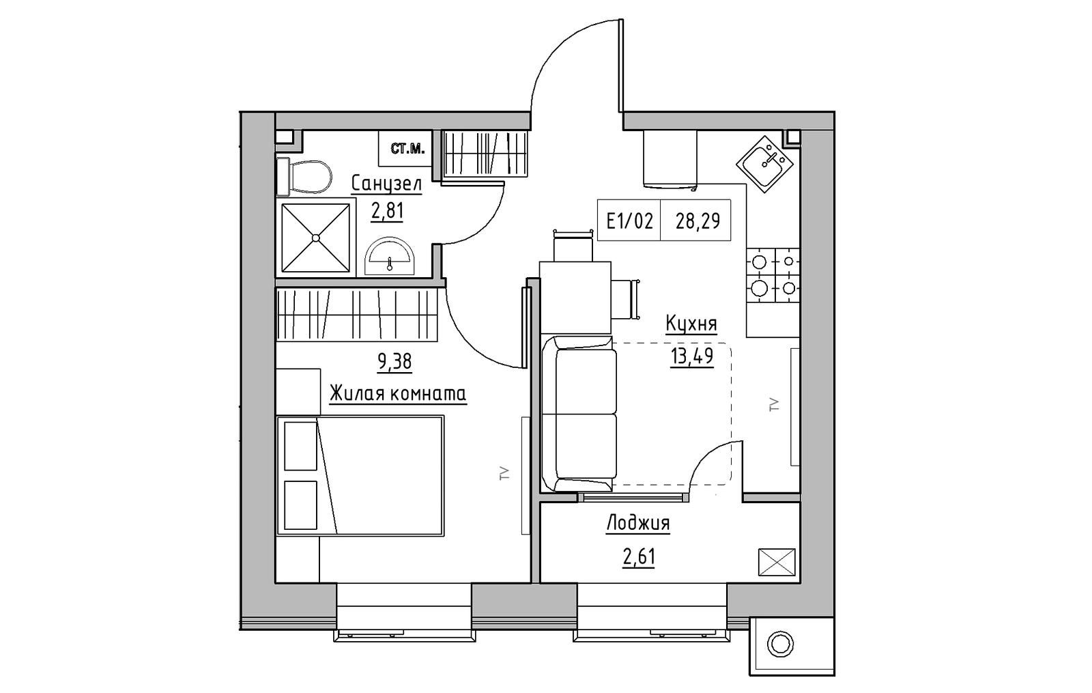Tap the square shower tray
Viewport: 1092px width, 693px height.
[316, 238]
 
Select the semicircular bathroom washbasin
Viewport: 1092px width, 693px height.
[390, 256]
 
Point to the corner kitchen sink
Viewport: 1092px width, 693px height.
[765, 164]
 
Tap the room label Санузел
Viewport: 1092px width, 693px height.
[386, 185]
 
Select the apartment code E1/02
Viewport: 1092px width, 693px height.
[629, 222]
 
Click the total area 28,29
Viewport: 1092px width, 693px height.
[698, 222]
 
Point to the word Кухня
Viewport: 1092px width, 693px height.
[691, 324]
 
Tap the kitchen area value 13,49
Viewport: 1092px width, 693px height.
[692, 356]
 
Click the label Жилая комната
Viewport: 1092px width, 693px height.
[398, 393]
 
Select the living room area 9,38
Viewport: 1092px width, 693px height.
[394, 362]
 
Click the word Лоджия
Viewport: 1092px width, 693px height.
[637, 524]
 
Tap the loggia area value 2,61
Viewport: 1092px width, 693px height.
[639, 557]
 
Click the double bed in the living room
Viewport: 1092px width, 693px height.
[360, 475]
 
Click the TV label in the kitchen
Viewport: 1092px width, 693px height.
[774, 405]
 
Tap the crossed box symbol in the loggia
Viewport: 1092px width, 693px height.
[777, 562]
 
